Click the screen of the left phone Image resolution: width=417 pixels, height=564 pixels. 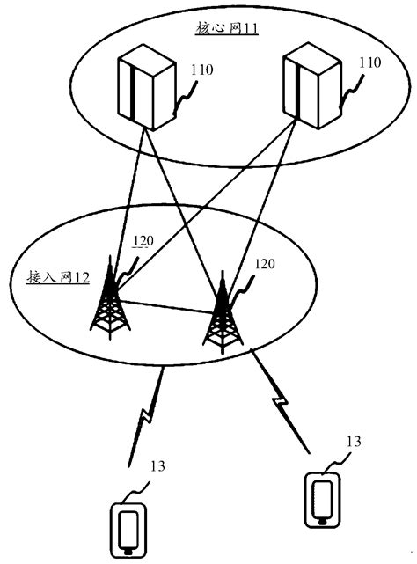point(129,529)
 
